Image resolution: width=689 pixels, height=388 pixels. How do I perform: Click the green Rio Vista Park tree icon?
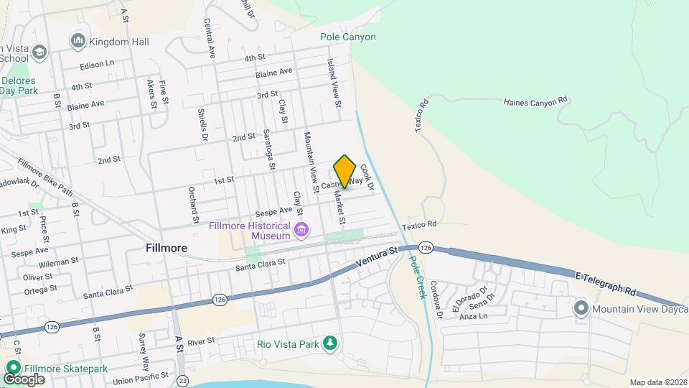coord(329,344)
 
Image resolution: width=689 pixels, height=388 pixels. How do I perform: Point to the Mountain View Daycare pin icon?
coord(581,309)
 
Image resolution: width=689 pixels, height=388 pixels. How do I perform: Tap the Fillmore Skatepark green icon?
coord(12,369)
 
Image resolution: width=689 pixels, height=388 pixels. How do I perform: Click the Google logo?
coord(24,379)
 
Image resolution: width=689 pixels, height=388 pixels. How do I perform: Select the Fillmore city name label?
coord(167,248)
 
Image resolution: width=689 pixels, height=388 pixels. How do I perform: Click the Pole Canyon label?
coord(348,37)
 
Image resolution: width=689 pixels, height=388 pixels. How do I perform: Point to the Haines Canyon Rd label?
coord(536,103)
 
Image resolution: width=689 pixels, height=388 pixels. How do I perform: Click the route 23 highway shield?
coord(184,380)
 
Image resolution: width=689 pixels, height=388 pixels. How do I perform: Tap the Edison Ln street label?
coord(97,64)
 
